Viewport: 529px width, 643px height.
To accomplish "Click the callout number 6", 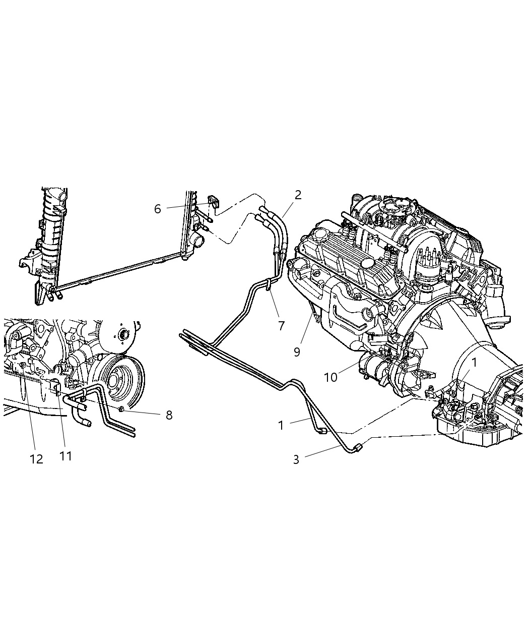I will click(x=157, y=209).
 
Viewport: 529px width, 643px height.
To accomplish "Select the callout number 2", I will click(x=298, y=195).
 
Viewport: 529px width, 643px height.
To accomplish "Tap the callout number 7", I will click(x=281, y=326).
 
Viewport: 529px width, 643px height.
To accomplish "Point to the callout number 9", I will click(x=297, y=352).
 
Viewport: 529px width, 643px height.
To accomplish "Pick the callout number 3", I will click(x=296, y=459).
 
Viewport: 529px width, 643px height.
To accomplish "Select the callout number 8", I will click(x=169, y=415).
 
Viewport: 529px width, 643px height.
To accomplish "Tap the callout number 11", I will click(x=65, y=456).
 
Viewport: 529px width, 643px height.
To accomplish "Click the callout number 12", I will click(x=36, y=459).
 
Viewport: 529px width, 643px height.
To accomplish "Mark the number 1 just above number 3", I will click(x=281, y=425).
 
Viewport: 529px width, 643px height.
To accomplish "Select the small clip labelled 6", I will click(x=214, y=201).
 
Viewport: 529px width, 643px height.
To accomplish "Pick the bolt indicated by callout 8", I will click(x=122, y=407).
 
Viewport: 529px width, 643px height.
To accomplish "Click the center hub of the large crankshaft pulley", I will click(x=122, y=334).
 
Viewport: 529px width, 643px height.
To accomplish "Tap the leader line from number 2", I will click(x=289, y=208).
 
